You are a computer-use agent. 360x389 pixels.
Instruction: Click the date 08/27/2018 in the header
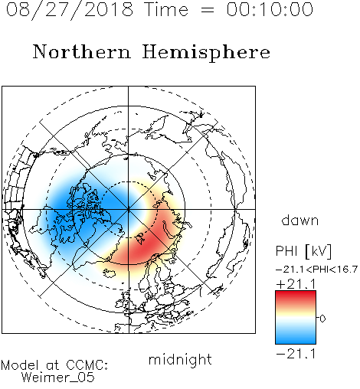click(69, 10)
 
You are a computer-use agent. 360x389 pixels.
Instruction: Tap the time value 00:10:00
click(270, 10)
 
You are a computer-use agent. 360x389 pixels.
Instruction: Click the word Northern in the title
click(82, 52)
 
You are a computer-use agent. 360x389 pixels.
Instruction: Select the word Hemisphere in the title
click(206, 53)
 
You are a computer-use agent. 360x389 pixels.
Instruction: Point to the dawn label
click(299, 221)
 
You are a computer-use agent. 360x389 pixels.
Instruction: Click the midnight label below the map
click(180, 360)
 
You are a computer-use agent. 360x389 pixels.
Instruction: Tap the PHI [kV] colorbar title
click(303, 251)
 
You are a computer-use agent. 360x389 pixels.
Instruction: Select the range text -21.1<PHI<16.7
click(316, 270)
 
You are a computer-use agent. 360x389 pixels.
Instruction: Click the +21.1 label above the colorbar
click(296, 284)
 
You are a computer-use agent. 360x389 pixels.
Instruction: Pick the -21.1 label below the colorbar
click(296, 354)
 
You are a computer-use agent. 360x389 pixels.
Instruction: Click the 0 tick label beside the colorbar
click(322, 319)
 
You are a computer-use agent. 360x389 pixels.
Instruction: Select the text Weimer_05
click(57, 378)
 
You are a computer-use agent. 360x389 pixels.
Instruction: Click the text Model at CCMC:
click(54, 365)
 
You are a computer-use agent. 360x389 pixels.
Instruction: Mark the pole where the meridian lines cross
click(129, 209)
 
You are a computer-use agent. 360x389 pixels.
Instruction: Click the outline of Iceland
click(110, 273)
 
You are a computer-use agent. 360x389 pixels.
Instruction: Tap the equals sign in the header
click(207, 11)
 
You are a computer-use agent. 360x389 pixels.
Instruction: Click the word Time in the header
click(166, 10)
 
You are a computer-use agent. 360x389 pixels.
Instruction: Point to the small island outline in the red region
click(140, 238)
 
